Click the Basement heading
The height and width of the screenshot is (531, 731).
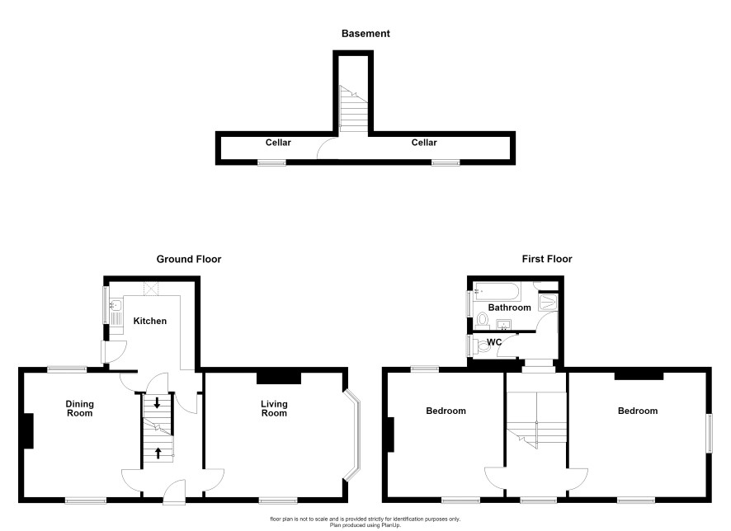coord(365,34)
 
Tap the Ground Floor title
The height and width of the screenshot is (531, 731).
coord(189,259)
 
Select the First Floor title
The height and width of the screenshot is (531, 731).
coord(547,259)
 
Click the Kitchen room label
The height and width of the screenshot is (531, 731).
coord(149,321)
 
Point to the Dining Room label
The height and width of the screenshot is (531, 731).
coord(80,408)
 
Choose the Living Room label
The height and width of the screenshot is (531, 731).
coord(274,408)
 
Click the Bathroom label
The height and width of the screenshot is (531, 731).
coord(510,308)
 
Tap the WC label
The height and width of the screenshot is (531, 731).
coord(494,342)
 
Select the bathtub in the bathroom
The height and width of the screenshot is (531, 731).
coord(497,291)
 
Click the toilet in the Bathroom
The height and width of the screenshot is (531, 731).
coord(482,321)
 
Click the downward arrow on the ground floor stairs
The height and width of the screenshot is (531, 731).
coord(157,403)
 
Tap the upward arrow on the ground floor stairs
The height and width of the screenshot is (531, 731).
coord(158,453)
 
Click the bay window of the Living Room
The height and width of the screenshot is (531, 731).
coord(353,435)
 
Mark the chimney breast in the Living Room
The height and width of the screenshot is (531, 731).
coord(279,378)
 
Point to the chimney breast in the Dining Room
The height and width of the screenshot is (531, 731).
coord(28,431)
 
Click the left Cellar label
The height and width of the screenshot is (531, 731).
coord(278,143)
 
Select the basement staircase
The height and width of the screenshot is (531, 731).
coord(353,109)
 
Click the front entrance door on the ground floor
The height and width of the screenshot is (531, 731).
coord(174,492)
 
